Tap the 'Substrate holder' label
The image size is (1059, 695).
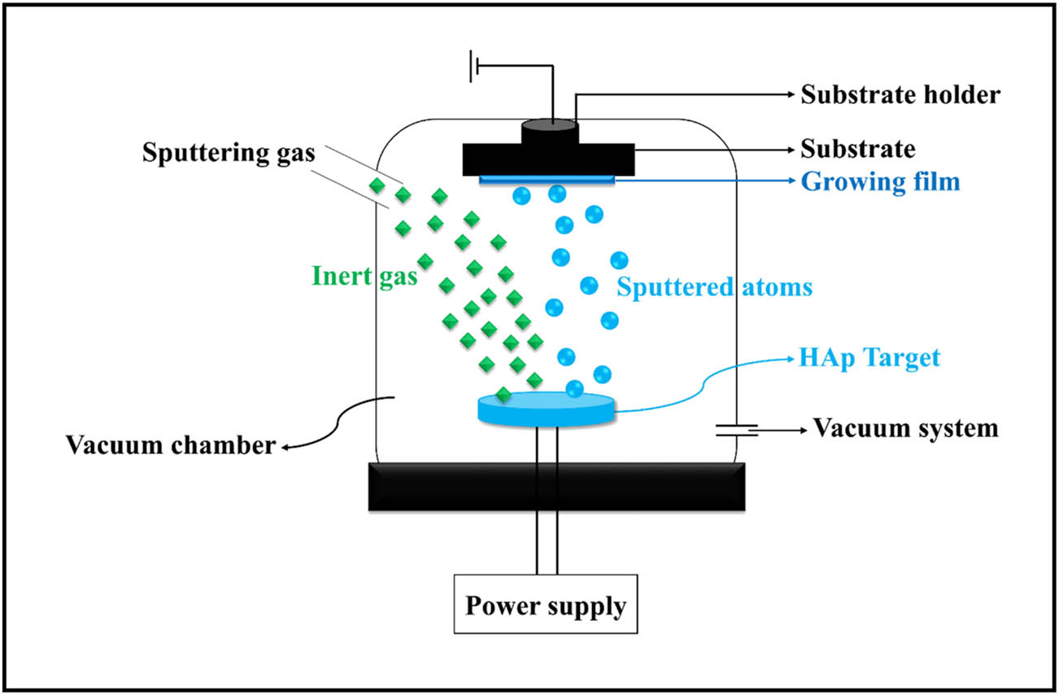(900, 95)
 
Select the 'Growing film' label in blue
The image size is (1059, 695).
(881, 181)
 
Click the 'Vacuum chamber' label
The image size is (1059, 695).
(170, 445)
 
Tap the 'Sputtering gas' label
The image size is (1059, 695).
(228, 153)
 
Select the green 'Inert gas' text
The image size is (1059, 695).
(364, 276)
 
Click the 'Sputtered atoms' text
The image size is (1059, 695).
(714, 286)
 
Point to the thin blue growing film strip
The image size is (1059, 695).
(547, 179)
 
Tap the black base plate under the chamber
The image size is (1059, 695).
(557, 487)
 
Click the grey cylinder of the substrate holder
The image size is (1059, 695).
(548, 131)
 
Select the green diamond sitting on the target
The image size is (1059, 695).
(503, 396)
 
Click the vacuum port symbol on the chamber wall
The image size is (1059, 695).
(737, 429)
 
